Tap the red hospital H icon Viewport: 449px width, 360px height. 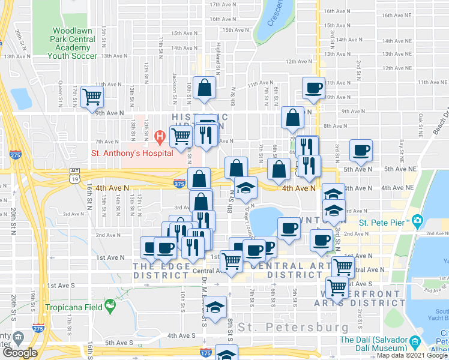coord(160,138)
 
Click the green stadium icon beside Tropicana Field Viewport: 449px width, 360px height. coord(110,307)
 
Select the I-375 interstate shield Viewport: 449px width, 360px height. coord(179,183)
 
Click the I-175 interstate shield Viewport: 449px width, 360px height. coord(206,353)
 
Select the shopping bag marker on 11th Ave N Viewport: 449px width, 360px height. coord(205,88)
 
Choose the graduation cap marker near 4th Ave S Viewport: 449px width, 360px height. coord(214,307)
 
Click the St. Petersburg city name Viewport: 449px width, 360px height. coord(293,328)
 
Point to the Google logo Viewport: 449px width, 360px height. coord(19,353)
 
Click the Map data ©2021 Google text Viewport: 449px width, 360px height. coord(412,355)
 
